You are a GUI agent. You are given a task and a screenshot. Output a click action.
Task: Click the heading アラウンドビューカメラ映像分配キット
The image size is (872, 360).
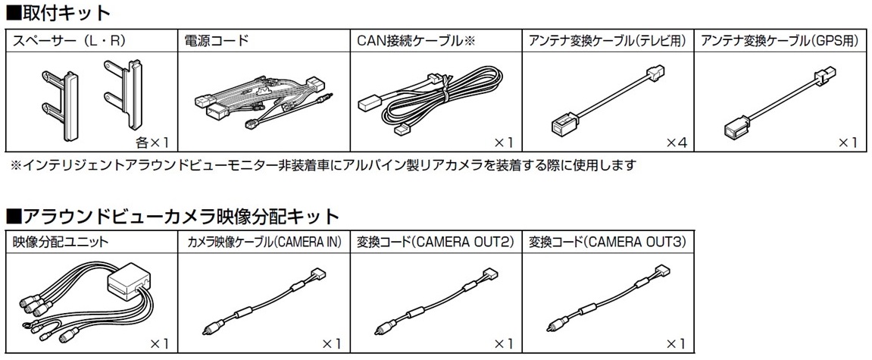pyautogui.click(x=173, y=217)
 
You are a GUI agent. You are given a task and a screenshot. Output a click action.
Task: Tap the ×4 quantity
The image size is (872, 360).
pyautogui.click(x=676, y=142)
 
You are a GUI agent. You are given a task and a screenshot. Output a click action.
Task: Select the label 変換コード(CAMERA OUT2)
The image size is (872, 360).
pyautogui.click(x=436, y=243)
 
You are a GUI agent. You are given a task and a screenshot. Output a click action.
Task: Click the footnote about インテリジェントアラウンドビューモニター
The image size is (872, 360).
pyautogui.click(x=322, y=164)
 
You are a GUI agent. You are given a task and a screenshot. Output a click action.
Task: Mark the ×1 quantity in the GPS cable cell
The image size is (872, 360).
pyautogui.click(x=849, y=142)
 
